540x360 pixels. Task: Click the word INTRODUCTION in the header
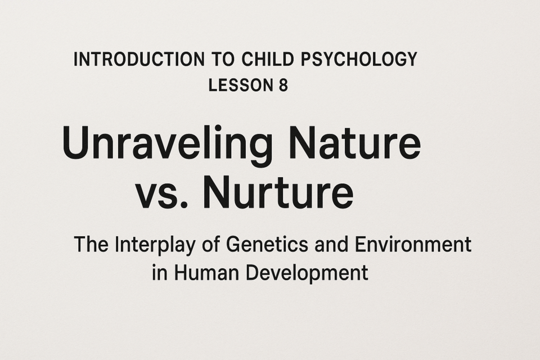tap(139, 59)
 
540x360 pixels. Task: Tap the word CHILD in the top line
tap(268, 59)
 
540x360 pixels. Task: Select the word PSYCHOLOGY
tap(359, 59)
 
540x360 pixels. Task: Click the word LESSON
tap(239, 85)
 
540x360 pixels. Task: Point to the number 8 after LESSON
tap(283, 85)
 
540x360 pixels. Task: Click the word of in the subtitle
tap(211, 245)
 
